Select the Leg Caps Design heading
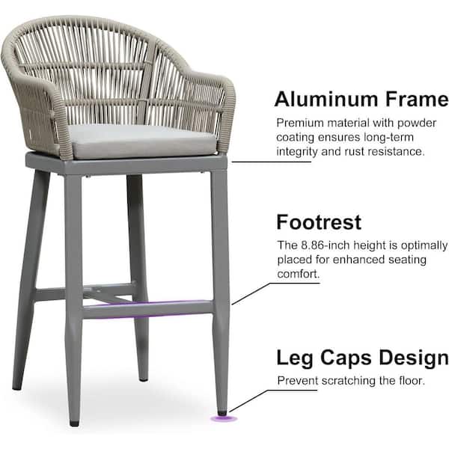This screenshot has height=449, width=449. point(362,358)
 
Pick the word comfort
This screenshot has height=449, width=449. point(298,275)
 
